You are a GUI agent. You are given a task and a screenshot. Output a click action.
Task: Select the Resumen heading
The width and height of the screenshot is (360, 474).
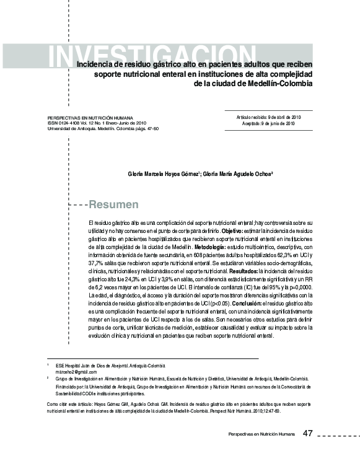pos(114,204)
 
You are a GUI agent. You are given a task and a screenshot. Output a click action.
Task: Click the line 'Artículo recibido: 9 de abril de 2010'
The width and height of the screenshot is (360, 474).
pos(268,116)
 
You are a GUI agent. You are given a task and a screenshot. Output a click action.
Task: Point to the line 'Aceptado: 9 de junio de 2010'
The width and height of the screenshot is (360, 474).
pos(268,123)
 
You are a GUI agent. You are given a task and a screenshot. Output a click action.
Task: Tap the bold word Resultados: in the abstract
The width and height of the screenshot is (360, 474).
pos(239,271)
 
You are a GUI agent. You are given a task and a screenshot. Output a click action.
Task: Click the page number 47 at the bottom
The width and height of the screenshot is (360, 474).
pos(308,433)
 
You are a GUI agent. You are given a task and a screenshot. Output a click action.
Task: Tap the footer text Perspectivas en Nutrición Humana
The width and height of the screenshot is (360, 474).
pos(261,434)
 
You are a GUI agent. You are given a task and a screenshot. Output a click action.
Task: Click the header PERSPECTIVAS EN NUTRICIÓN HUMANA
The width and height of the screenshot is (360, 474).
pos(90,117)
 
